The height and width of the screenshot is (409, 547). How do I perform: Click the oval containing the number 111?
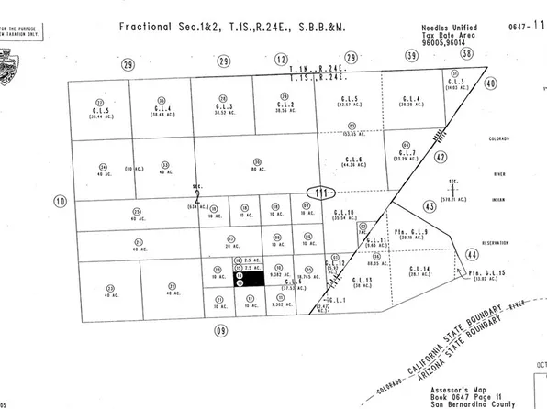click(x=319, y=193)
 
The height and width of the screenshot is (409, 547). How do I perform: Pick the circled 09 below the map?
click(x=220, y=329)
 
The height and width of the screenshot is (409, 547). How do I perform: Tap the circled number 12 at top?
click(x=281, y=60)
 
